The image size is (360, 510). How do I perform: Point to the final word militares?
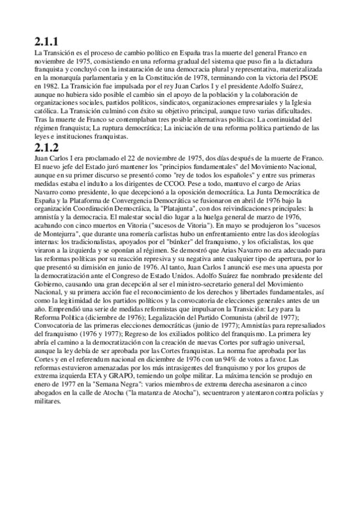point(48,399)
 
